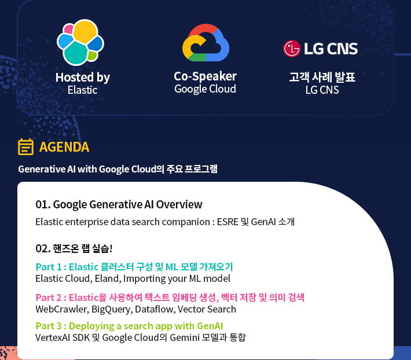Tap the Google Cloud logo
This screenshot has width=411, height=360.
point(205,43)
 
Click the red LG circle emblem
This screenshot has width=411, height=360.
point(292,49)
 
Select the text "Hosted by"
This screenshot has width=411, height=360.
point(82,77)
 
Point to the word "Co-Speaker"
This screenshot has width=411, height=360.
point(205,76)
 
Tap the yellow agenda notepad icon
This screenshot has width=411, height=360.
point(25,147)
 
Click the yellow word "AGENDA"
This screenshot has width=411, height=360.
point(64,147)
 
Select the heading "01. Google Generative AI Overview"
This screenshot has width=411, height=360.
point(119,204)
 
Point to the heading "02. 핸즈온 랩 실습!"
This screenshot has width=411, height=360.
point(74,248)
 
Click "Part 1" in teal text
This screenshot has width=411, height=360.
point(49,267)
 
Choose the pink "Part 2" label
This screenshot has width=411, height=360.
point(49,297)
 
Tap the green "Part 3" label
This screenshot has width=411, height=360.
point(49,325)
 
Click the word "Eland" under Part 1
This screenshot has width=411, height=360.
point(107,278)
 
